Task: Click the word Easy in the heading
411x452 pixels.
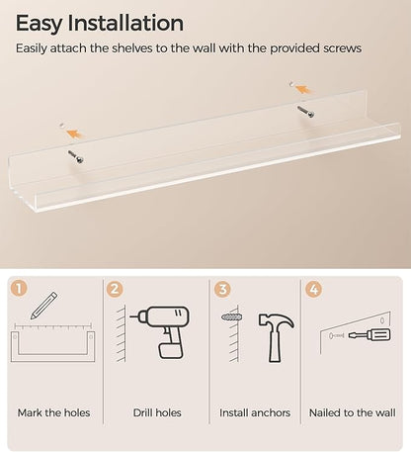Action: (39, 24)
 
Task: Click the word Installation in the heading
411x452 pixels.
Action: (125, 23)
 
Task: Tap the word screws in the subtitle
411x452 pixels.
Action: (342, 48)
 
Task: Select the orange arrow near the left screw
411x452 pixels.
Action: (75, 134)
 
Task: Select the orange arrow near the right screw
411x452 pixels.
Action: (303, 89)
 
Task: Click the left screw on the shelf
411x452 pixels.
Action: (76, 156)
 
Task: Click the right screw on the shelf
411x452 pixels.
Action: (305, 112)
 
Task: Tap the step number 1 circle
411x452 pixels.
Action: (19, 288)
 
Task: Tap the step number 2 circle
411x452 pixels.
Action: (115, 289)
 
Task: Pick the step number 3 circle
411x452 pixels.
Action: (222, 289)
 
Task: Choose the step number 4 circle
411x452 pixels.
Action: (314, 289)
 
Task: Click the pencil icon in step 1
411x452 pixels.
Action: (43, 306)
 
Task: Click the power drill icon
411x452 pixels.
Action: (160, 332)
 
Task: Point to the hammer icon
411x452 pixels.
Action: (276, 337)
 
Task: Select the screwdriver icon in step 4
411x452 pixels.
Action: (370, 335)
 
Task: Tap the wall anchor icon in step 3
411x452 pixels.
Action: (232, 317)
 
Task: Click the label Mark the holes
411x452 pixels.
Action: (53, 412)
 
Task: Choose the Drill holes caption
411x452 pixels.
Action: (157, 412)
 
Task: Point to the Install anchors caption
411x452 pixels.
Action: (255, 412)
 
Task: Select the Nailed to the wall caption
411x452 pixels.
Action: (353, 412)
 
